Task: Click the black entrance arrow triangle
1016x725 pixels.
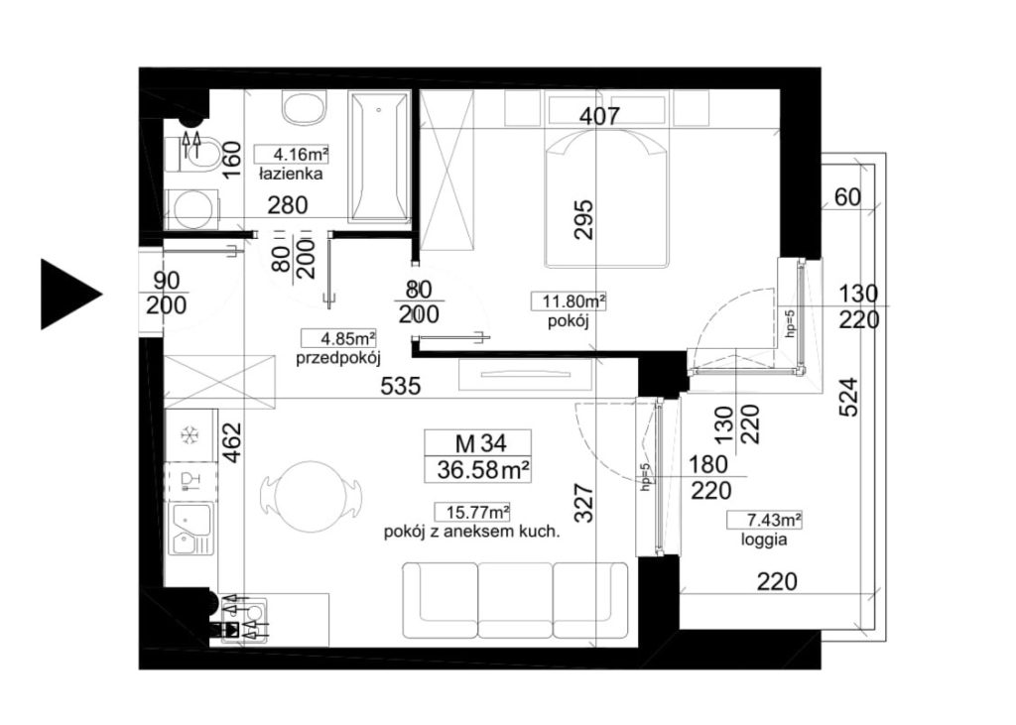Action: pos(68,295)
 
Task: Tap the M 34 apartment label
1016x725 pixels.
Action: pos(481,443)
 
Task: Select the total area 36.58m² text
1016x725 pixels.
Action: pos(484,469)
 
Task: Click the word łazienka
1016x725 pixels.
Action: pos(291,175)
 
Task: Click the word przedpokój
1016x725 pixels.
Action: pos(337,358)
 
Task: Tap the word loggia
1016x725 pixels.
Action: pos(765,540)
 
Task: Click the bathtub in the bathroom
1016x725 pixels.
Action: pos(379,158)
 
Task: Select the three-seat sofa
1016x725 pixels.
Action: pos(516,600)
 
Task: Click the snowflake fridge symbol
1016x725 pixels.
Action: pos(190,435)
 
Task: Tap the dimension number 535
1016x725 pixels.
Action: pos(401,387)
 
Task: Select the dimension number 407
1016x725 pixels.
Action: pos(599,117)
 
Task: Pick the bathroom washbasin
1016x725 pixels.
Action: pos(305,107)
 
